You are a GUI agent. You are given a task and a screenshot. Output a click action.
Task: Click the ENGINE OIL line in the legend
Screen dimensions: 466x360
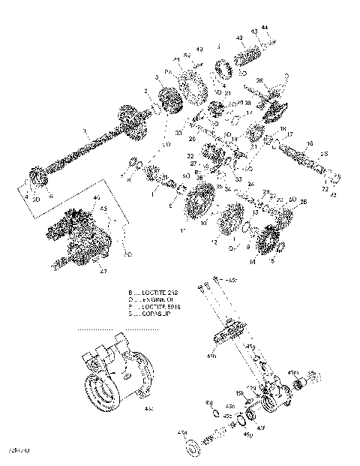pos(158,299)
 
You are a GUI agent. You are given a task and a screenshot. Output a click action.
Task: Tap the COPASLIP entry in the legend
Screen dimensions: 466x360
pos(156,314)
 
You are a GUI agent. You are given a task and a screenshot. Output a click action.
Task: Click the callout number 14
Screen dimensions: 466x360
pos(252,262)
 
